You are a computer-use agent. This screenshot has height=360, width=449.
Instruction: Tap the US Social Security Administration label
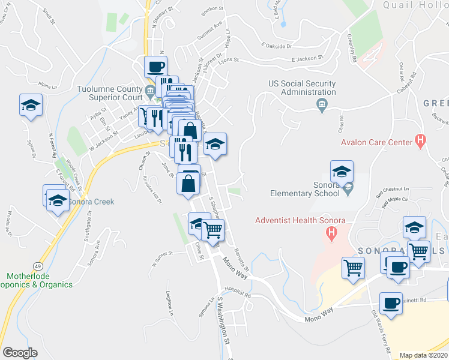[302, 88]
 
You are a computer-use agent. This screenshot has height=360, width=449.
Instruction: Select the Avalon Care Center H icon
[421, 142]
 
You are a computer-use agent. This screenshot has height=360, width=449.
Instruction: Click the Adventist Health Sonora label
[300, 220]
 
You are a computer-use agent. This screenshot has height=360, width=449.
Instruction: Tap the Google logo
[20, 353]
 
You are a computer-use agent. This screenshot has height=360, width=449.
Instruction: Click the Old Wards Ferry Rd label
[381, 329]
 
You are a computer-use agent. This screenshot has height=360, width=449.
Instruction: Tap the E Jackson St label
[307, 59]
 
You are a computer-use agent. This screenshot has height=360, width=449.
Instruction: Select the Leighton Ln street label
[170, 303]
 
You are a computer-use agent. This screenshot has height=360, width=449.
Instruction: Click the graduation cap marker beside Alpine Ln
[31, 106]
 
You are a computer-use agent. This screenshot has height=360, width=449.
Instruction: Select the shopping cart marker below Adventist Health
[353, 267]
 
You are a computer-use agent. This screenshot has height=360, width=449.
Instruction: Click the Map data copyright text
[424, 355]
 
